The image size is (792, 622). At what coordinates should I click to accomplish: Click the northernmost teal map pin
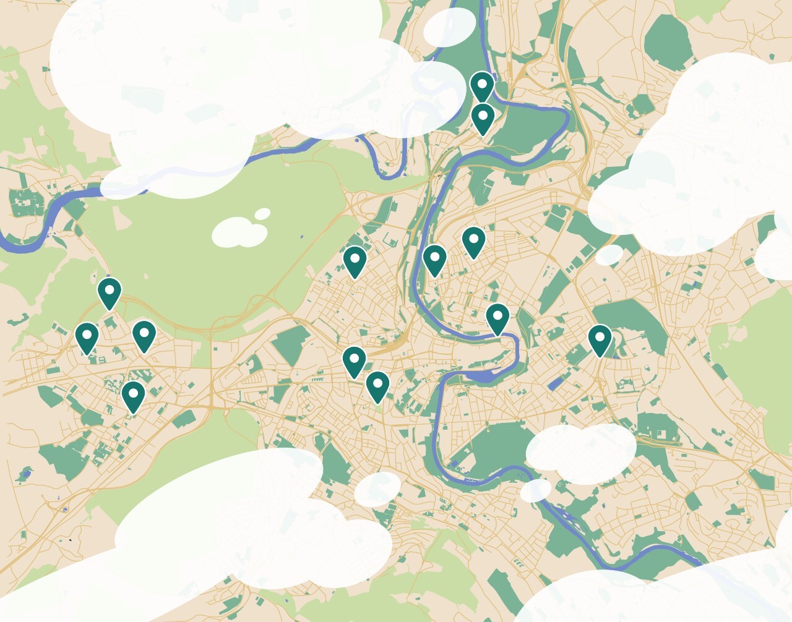tap(482, 85)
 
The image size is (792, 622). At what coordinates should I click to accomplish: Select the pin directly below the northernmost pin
tap(483, 117)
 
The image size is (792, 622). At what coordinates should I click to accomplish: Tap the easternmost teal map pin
tap(599, 339)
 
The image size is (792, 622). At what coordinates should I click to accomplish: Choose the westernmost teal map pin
tap(87, 337)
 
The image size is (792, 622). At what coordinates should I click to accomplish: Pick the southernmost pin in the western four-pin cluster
tap(133, 396)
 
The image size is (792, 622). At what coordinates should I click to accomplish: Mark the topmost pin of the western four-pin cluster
tap(110, 292)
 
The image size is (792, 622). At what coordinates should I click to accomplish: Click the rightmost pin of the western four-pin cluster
tap(144, 335)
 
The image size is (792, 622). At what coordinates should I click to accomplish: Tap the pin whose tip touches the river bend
tap(497, 318)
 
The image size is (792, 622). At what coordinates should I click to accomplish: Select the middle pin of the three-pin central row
tap(434, 259)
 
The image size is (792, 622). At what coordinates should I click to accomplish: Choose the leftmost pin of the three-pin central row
tap(355, 260)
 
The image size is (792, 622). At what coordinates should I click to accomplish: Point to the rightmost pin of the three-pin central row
tap(473, 241)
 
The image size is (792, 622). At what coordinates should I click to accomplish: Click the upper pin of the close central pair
tap(354, 361)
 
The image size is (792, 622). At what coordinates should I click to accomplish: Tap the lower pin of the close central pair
tap(377, 386)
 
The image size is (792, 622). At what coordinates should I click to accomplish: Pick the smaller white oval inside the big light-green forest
tap(263, 214)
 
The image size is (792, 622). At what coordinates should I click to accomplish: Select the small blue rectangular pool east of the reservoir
tap(556, 384)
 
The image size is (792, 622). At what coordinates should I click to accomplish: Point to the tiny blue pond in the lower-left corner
tap(25, 475)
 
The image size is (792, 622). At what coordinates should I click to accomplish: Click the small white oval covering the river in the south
tap(535, 490)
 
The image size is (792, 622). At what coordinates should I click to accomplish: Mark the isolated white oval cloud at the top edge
tap(450, 27)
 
